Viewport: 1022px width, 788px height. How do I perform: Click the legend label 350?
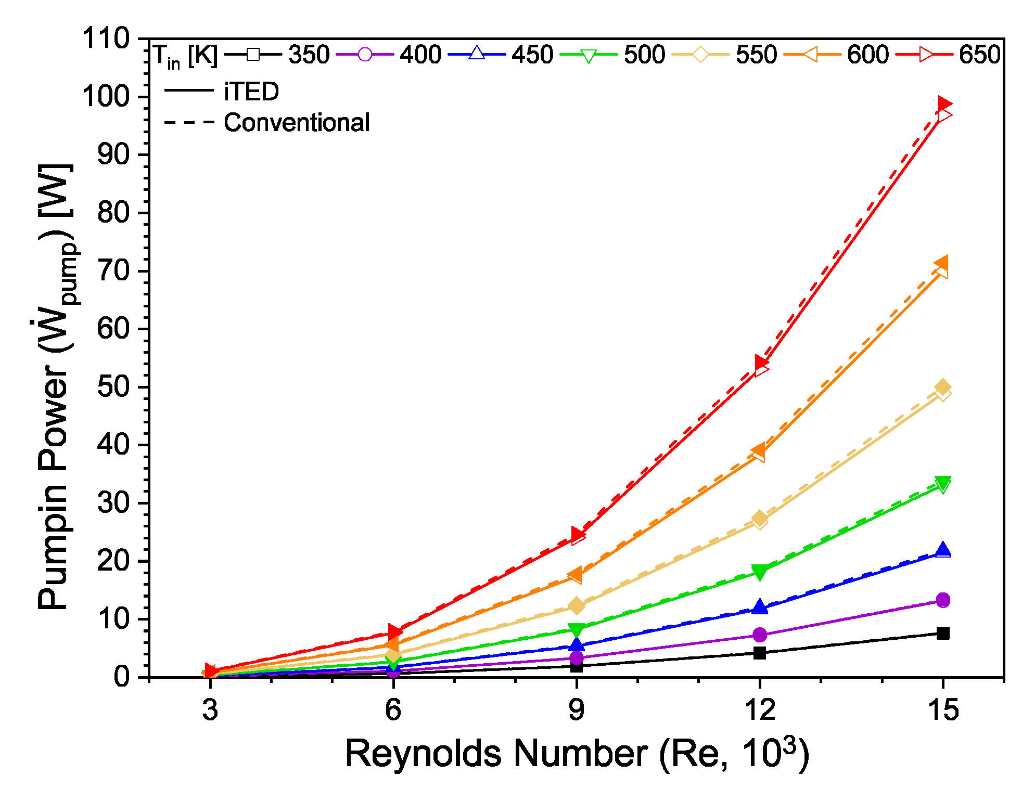coord(309,55)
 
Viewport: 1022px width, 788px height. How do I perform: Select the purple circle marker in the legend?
coord(365,55)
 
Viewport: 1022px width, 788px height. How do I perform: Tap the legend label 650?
coord(979,55)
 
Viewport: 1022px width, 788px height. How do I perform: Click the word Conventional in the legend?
coord(297,123)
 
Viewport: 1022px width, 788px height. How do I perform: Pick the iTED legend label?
coord(251,92)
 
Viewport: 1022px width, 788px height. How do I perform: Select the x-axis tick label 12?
coord(759,709)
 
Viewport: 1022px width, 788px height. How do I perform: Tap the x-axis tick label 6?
coord(393,709)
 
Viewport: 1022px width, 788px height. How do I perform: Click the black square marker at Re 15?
coord(943,633)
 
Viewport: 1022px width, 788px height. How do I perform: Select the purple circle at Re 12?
coord(760,635)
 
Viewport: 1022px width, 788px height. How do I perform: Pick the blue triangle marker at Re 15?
coord(942,550)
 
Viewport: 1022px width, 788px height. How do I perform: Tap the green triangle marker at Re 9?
coord(576,630)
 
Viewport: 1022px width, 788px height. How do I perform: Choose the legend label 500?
coord(644,55)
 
